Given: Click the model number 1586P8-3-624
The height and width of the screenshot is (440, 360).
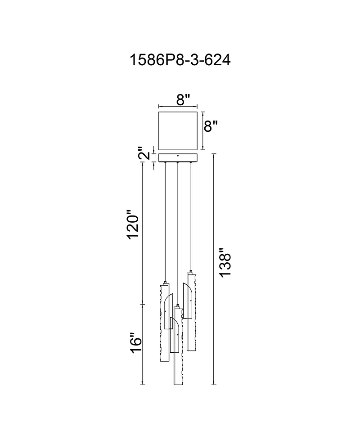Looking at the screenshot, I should [180, 60].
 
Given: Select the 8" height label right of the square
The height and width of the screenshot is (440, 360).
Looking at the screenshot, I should [211, 126].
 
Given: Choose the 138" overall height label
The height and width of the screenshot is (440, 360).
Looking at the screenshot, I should [225, 263].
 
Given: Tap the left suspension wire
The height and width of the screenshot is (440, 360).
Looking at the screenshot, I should [166, 220].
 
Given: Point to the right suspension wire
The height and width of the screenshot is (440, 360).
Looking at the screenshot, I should [191, 216].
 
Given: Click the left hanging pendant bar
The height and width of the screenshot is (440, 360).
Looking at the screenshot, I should [163, 322].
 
